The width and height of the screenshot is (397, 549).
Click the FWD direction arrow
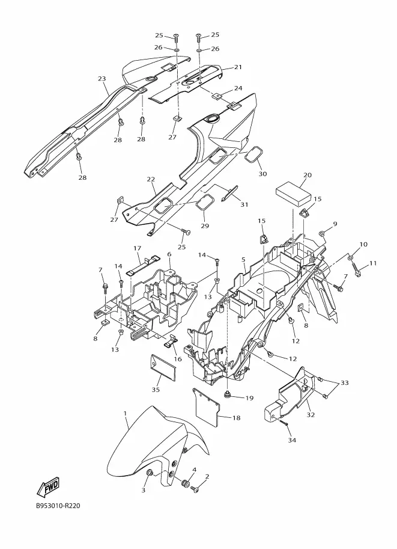[48, 487]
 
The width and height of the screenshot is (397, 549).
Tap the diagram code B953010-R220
[58, 507]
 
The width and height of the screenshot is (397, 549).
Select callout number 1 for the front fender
[125, 413]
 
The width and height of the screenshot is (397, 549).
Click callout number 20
[308, 175]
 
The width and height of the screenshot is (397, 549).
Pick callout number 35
[156, 389]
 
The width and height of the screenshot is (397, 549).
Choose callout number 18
[237, 418]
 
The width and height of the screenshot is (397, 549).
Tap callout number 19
[249, 398]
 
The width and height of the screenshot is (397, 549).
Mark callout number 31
[244, 204]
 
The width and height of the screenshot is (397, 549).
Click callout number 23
[102, 78]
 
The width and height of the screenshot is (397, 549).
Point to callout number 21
[238, 67]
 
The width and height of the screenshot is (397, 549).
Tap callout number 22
[151, 179]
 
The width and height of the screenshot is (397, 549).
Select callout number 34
[292, 440]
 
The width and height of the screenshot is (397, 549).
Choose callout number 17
[137, 248]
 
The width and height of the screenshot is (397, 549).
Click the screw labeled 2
[195, 488]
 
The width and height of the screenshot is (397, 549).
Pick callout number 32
[311, 415]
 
